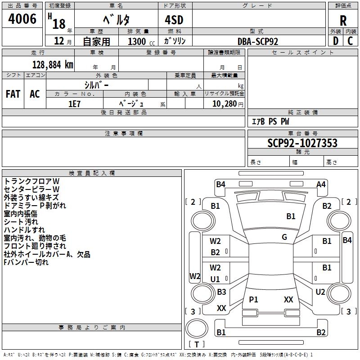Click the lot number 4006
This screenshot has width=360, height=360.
click(x=22, y=18)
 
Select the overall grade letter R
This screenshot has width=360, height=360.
click(x=343, y=20)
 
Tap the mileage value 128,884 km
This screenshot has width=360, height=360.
click(x=53, y=64)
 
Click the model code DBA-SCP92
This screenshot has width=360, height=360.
click(x=257, y=41)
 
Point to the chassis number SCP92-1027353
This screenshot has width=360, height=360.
click(x=302, y=143)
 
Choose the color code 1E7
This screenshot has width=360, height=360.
click(x=74, y=104)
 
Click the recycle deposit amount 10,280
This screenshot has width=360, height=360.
click(x=224, y=103)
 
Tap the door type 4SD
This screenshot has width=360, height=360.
click(x=174, y=20)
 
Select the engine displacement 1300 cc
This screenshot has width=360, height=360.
click(x=141, y=41)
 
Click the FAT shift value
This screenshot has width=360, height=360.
click(x=13, y=94)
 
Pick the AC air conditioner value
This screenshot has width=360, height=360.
click(x=35, y=94)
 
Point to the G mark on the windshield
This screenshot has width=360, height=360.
click(x=284, y=237)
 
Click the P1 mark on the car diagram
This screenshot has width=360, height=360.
click(x=253, y=299)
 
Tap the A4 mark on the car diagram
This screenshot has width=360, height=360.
click(x=321, y=184)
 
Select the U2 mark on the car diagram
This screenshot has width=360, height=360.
click(x=320, y=292)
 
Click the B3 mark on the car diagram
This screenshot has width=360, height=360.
click(x=221, y=292)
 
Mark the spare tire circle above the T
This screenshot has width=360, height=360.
click(x=197, y=328)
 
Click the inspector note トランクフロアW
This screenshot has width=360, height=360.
click(x=31, y=181)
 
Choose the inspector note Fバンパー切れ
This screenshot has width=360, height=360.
click(x=26, y=262)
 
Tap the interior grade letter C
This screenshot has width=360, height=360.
click(x=350, y=41)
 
